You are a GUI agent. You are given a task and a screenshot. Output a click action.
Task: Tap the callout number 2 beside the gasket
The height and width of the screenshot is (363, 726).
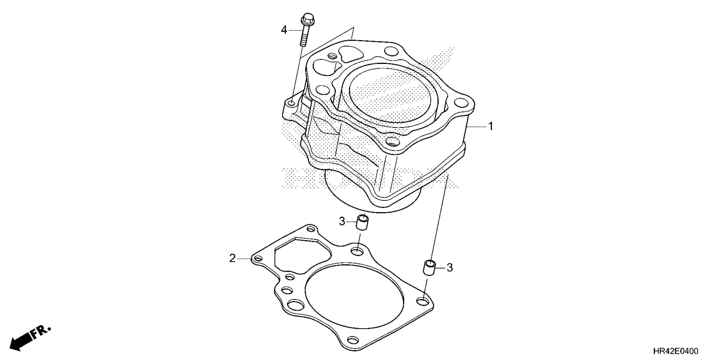pyautogui.click(x=232, y=258)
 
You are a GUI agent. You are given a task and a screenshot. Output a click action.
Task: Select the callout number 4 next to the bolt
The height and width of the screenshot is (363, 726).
pyautogui.click(x=284, y=30)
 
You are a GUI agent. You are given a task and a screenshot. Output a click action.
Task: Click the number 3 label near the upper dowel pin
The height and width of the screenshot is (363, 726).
pyautogui.click(x=342, y=221)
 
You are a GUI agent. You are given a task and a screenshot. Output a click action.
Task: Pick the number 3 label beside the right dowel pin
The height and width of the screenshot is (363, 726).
pyautogui.click(x=450, y=268)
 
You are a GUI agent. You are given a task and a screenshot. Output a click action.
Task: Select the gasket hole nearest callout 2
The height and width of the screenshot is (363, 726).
pyautogui.click(x=258, y=258)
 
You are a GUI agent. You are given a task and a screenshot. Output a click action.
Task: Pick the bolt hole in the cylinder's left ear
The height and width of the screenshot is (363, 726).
pyautogui.click(x=291, y=104)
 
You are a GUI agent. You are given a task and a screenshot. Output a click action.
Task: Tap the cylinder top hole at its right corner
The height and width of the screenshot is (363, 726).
pyautogui.click(x=461, y=103)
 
